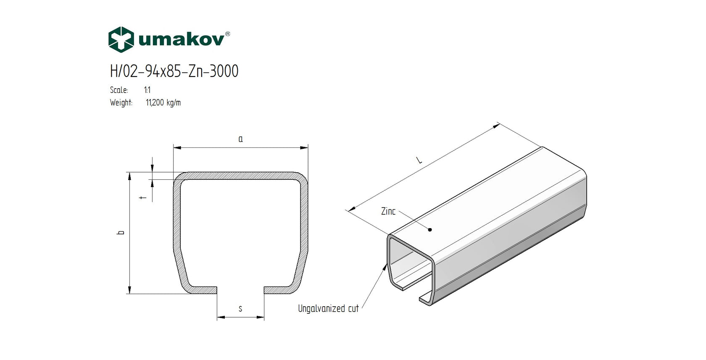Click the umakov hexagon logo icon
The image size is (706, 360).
(121, 39)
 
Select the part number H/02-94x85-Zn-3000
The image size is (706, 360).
(174, 71)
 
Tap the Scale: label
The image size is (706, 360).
(119, 90)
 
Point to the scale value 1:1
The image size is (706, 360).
(147, 90)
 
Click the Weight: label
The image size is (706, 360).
(121, 102)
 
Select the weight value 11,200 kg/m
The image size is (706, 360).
(163, 102)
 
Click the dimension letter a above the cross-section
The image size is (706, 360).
(240, 139)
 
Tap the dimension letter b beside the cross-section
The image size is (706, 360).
(121, 232)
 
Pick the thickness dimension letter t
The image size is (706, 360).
(143, 197)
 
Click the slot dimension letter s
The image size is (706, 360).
(240, 309)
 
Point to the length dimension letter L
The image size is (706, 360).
(419, 160)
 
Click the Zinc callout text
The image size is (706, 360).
(388, 211)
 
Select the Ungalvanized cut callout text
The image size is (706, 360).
(328, 309)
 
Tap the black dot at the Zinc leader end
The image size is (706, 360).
(430, 230)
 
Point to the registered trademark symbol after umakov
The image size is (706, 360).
(227, 34)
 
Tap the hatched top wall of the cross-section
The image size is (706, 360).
(240, 176)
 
